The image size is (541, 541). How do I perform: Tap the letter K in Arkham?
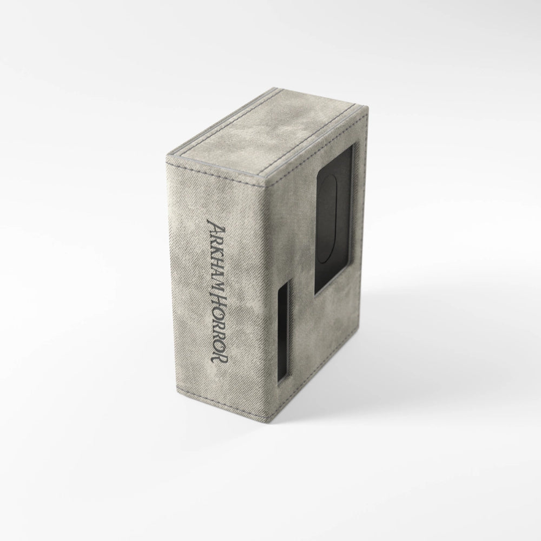[215, 249]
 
